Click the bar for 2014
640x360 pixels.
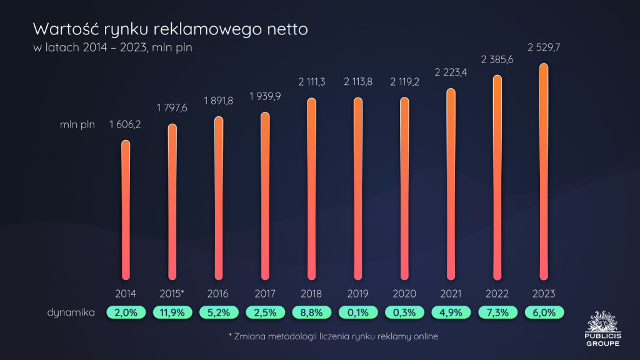(126, 209)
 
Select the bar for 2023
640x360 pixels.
(544, 172)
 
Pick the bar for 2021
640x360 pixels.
(451, 184)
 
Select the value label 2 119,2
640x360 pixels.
(404, 82)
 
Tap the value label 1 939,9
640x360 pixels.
(264, 96)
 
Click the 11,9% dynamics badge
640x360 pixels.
(172, 312)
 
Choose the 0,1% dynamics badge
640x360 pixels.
(357, 312)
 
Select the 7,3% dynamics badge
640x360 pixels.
(497, 312)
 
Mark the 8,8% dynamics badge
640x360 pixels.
(311, 312)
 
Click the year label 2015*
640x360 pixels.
(172, 292)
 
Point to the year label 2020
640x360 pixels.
(404, 292)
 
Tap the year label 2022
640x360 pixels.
(497, 292)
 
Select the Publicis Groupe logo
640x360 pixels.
(602, 327)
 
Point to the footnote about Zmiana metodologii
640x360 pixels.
(333, 336)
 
